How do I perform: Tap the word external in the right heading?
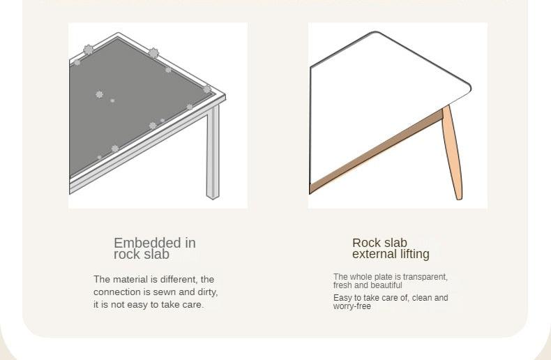[375, 254]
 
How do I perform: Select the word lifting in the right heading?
[416, 255]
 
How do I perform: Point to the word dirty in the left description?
[208, 292]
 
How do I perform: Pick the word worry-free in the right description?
[352, 306]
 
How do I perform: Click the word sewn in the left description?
[165, 292]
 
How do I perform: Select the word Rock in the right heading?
[365, 243]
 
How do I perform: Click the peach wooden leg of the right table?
[453, 152]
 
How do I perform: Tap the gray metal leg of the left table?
[213, 152]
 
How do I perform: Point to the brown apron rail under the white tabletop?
[376, 152]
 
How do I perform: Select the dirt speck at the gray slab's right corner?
[207, 89]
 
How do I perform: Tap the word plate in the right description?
[385, 277]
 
